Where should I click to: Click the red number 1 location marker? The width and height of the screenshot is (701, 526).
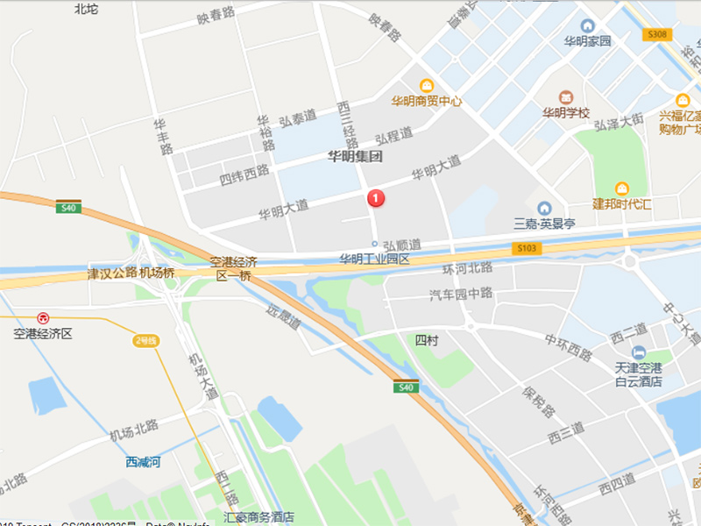(x=377, y=199)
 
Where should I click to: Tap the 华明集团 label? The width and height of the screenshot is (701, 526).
(x=355, y=158)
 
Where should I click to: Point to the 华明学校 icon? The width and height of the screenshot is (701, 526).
(x=565, y=96)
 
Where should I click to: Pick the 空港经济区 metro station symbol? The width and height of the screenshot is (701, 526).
(x=42, y=317)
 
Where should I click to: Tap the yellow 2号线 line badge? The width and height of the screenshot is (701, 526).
(x=145, y=340)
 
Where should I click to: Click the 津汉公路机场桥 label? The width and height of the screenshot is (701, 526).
(x=132, y=272)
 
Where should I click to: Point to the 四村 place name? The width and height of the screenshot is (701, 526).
(x=426, y=338)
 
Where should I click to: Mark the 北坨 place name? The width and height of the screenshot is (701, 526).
(x=87, y=9)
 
